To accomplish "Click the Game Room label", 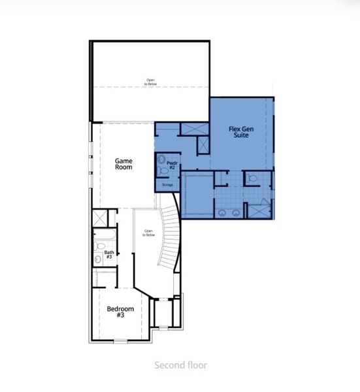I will pyautogui.click(x=123, y=163).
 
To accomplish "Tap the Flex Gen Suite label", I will pyautogui.click(x=242, y=133).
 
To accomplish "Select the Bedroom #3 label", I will pyautogui.click(x=120, y=312).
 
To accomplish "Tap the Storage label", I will pyautogui.click(x=167, y=186).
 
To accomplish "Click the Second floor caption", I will pyautogui.click(x=180, y=365).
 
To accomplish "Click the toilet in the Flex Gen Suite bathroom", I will pyautogui.click(x=252, y=177).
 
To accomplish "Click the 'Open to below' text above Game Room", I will pyautogui.click(x=151, y=82).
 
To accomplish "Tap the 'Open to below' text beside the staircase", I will pyautogui.click(x=148, y=232).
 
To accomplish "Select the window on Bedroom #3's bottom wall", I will pyautogui.click(x=121, y=341).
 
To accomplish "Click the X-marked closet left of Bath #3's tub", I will pyautogui.click(x=99, y=217).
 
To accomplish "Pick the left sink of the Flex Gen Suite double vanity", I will pyautogui.click(x=225, y=212).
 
